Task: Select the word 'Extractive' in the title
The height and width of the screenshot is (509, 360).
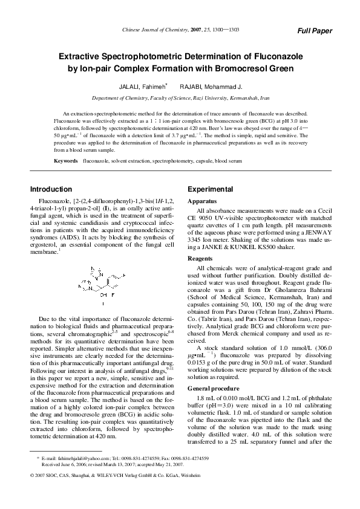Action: (x=82, y=56)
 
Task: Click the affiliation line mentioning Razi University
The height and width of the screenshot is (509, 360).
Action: (x=180, y=97)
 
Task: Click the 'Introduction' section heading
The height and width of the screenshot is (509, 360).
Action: (x=51, y=189)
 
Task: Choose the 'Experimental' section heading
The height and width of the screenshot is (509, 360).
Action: (x=210, y=189)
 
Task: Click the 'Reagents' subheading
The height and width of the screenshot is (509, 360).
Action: (x=201, y=257)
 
